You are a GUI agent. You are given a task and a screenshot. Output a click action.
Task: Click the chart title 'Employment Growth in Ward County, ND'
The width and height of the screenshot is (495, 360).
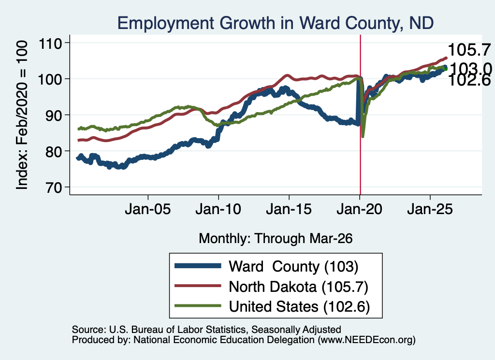(275, 23)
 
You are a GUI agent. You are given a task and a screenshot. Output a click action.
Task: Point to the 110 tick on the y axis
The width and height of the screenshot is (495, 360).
(50, 43)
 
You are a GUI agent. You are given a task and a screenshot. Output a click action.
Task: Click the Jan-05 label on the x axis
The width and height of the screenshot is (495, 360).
(148, 209)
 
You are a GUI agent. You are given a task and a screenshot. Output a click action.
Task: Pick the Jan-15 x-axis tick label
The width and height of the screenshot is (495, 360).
(289, 209)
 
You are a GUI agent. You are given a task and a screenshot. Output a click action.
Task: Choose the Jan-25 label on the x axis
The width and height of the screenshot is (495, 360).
(430, 209)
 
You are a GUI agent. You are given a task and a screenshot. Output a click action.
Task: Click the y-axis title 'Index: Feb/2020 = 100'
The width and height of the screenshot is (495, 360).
(22, 115)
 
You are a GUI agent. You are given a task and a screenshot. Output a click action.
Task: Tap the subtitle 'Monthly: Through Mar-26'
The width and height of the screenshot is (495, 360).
(276, 239)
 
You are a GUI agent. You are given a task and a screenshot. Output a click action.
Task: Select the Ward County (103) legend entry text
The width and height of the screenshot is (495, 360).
(293, 267)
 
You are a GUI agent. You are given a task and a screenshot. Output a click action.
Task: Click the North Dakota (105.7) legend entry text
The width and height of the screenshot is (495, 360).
(299, 287)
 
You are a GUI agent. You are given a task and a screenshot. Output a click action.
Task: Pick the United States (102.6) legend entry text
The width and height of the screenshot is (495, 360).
(299, 307)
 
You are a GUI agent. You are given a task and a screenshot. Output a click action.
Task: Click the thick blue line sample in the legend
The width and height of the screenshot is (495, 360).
(198, 266)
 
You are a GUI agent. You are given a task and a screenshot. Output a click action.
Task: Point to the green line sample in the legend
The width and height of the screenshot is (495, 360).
(198, 306)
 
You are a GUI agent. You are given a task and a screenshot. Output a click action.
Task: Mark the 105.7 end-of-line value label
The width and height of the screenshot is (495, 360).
(469, 50)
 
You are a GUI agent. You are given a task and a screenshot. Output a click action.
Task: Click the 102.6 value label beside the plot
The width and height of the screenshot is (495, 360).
(469, 80)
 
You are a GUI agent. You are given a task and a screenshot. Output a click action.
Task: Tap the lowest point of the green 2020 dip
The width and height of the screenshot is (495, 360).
(363, 136)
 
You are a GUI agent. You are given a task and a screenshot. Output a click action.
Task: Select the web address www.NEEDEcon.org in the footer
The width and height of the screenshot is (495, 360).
(366, 340)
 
